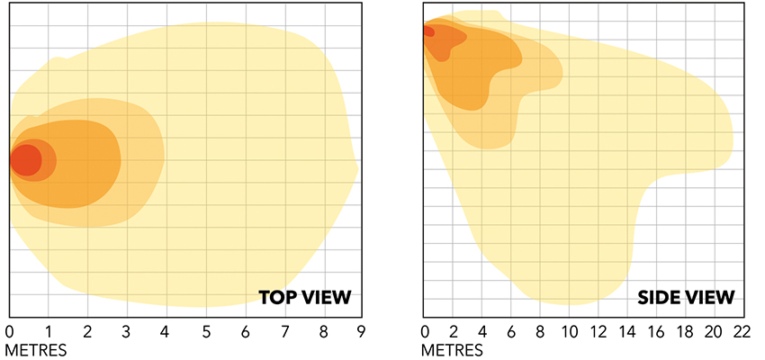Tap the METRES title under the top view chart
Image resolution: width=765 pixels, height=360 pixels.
pyautogui.click(x=36, y=348)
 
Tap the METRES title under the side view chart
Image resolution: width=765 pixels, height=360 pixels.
pyautogui.click(x=452, y=348)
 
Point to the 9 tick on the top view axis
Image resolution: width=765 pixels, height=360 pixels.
pyautogui.click(x=361, y=331)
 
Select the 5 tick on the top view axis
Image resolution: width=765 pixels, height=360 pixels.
pyautogui.click(x=205, y=331)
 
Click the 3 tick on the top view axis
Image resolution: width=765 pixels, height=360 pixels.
pyautogui.click(x=127, y=331)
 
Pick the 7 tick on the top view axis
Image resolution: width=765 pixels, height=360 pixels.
pyautogui.click(x=283, y=331)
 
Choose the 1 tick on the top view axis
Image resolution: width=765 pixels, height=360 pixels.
pyautogui.click(x=49, y=331)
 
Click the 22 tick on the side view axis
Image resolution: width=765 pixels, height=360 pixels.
pyautogui.click(x=742, y=331)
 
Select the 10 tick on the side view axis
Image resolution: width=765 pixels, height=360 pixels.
pyautogui.click(x=570, y=331)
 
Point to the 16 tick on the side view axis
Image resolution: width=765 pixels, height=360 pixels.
pyautogui.click(x=656, y=331)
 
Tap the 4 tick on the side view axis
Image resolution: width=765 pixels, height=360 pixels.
pyautogui.click(x=483, y=331)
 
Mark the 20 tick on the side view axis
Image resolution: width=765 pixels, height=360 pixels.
pyautogui.click(x=714, y=331)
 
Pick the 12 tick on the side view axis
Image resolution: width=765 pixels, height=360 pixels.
pyautogui.click(x=598, y=331)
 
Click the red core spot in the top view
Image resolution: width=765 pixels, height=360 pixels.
pyautogui.click(x=26, y=160)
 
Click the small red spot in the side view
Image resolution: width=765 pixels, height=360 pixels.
pyautogui.click(x=428, y=31)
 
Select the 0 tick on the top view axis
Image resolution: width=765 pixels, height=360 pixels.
pyautogui.click(x=10, y=331)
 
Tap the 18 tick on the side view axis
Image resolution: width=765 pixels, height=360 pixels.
pyautogui.click(x=685, y=331)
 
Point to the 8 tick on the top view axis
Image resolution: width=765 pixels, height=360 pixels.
pyautogui.click(x=322, y=331)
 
